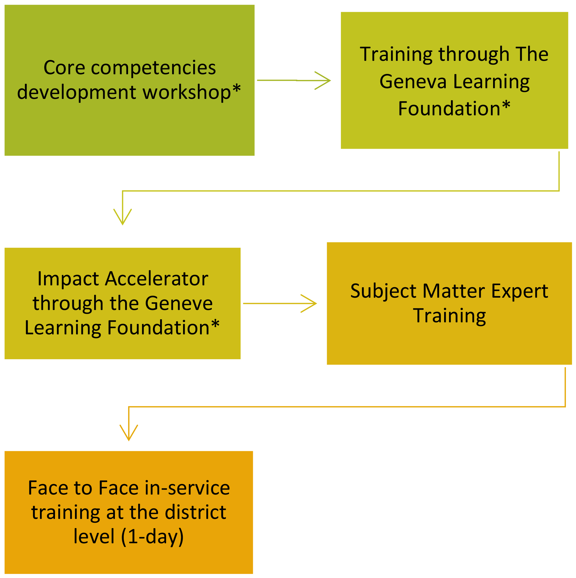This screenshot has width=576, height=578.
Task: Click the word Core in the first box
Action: click(x=64, y=68)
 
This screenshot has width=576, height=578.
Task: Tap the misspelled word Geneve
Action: click(x=179, y=303)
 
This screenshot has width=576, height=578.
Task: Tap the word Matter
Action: click(x=454, y=291)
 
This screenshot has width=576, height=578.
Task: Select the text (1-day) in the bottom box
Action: click(x=152, y=537)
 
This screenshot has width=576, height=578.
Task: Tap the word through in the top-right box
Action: click(x=474, y=55)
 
